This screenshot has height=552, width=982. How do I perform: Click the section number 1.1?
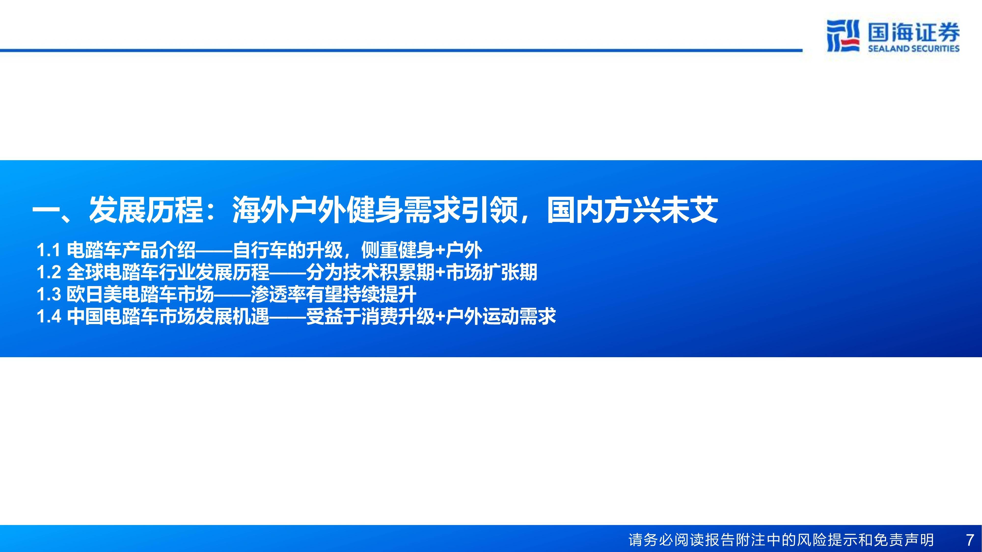[49, 250]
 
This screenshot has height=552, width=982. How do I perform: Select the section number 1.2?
[49, 272]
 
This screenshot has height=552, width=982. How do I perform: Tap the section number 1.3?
[49, 294]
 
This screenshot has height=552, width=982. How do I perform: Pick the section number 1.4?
[49, 316]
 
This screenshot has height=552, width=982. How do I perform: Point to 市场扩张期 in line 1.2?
[491, 272]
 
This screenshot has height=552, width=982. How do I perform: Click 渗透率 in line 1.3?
[278, 294]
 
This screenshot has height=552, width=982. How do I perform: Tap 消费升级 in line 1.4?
[398, 316]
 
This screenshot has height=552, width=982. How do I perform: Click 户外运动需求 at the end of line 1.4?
[501, 316]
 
